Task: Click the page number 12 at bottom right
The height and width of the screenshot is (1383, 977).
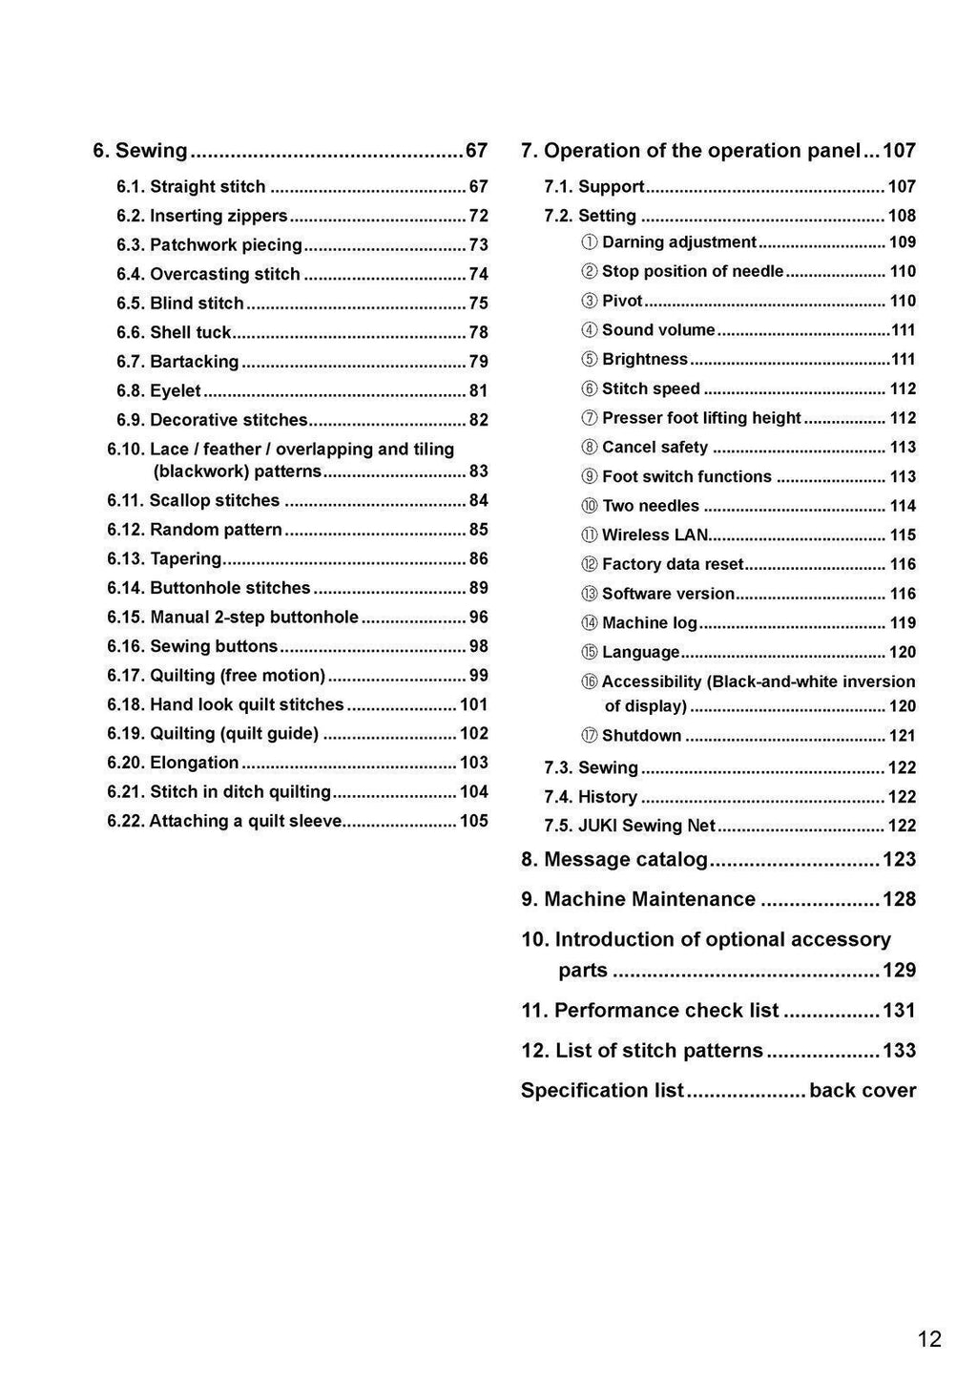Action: [928, 1339]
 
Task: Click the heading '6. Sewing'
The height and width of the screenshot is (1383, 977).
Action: [140, 151]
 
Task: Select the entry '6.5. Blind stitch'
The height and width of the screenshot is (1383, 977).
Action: [180, 304]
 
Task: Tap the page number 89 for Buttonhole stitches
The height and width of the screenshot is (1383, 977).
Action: [478, 588]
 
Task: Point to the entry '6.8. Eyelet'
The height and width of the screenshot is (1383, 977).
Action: [158, 391]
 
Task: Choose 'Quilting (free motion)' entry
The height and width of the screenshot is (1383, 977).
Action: [217, 676]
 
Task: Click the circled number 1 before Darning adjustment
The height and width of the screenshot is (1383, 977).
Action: [590, 242]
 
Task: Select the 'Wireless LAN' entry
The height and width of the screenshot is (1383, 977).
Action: [655, 535]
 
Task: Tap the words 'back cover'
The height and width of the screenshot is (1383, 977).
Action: [862, 1090]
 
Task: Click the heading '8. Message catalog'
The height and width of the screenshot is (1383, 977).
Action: [614, 859]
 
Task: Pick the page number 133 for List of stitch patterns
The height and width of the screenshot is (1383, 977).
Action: [899, 1050]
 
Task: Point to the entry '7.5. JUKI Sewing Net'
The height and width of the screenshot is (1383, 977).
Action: [630, 826]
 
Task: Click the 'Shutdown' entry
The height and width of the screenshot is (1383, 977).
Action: [641, 736]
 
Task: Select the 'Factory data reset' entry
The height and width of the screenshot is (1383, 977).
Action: [673, 565]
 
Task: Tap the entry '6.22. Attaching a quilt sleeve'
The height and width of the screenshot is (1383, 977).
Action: [224, 821]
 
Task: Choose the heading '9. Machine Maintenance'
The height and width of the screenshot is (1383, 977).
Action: [638, 899]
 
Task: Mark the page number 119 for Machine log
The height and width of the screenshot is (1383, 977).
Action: [903, 623]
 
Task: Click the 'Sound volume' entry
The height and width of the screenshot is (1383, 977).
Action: [658, 330]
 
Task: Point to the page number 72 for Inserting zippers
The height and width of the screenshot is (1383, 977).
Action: [478, 216]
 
